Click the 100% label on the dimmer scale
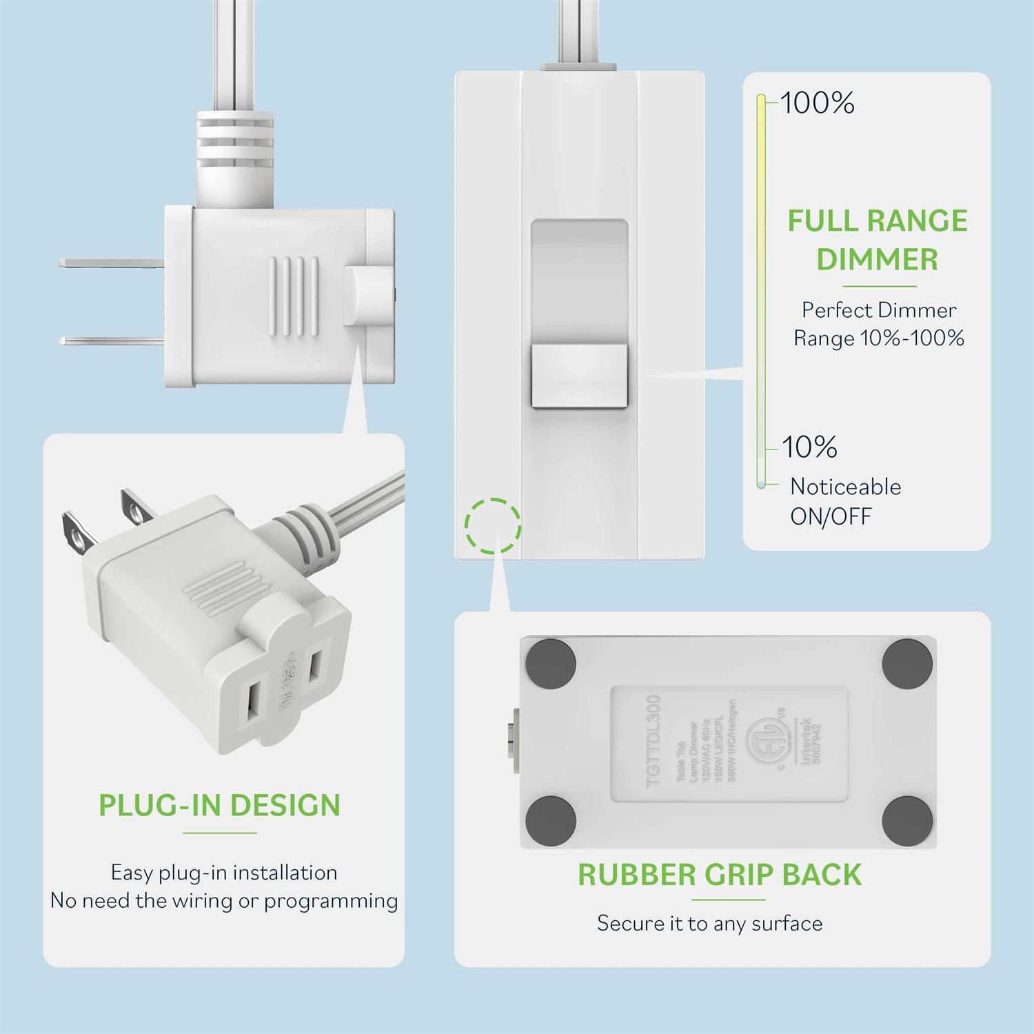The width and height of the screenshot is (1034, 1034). (x=818, y=103)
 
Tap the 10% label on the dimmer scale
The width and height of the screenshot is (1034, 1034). (x=809, y=447)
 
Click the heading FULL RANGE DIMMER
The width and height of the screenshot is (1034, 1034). (x=877, y=240)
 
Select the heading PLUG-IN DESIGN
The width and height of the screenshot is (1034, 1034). (x=220, y=805)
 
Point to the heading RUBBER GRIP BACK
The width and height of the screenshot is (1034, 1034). (x=720, y=875)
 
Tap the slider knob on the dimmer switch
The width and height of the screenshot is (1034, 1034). (x=579, y=377)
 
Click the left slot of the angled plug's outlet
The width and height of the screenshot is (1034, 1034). (x=253, y=707)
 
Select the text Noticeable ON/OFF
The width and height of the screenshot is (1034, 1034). (x=845, y=501)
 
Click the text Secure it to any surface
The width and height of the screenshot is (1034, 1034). (x=709, y=923)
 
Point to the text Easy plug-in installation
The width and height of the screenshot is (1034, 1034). (x=224, y=873)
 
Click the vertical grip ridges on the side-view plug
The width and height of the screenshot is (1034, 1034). (x=294, y=296)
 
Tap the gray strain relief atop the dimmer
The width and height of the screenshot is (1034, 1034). (x=578, y=67)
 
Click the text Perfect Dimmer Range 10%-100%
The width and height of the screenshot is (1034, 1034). (x=878, y=324)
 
